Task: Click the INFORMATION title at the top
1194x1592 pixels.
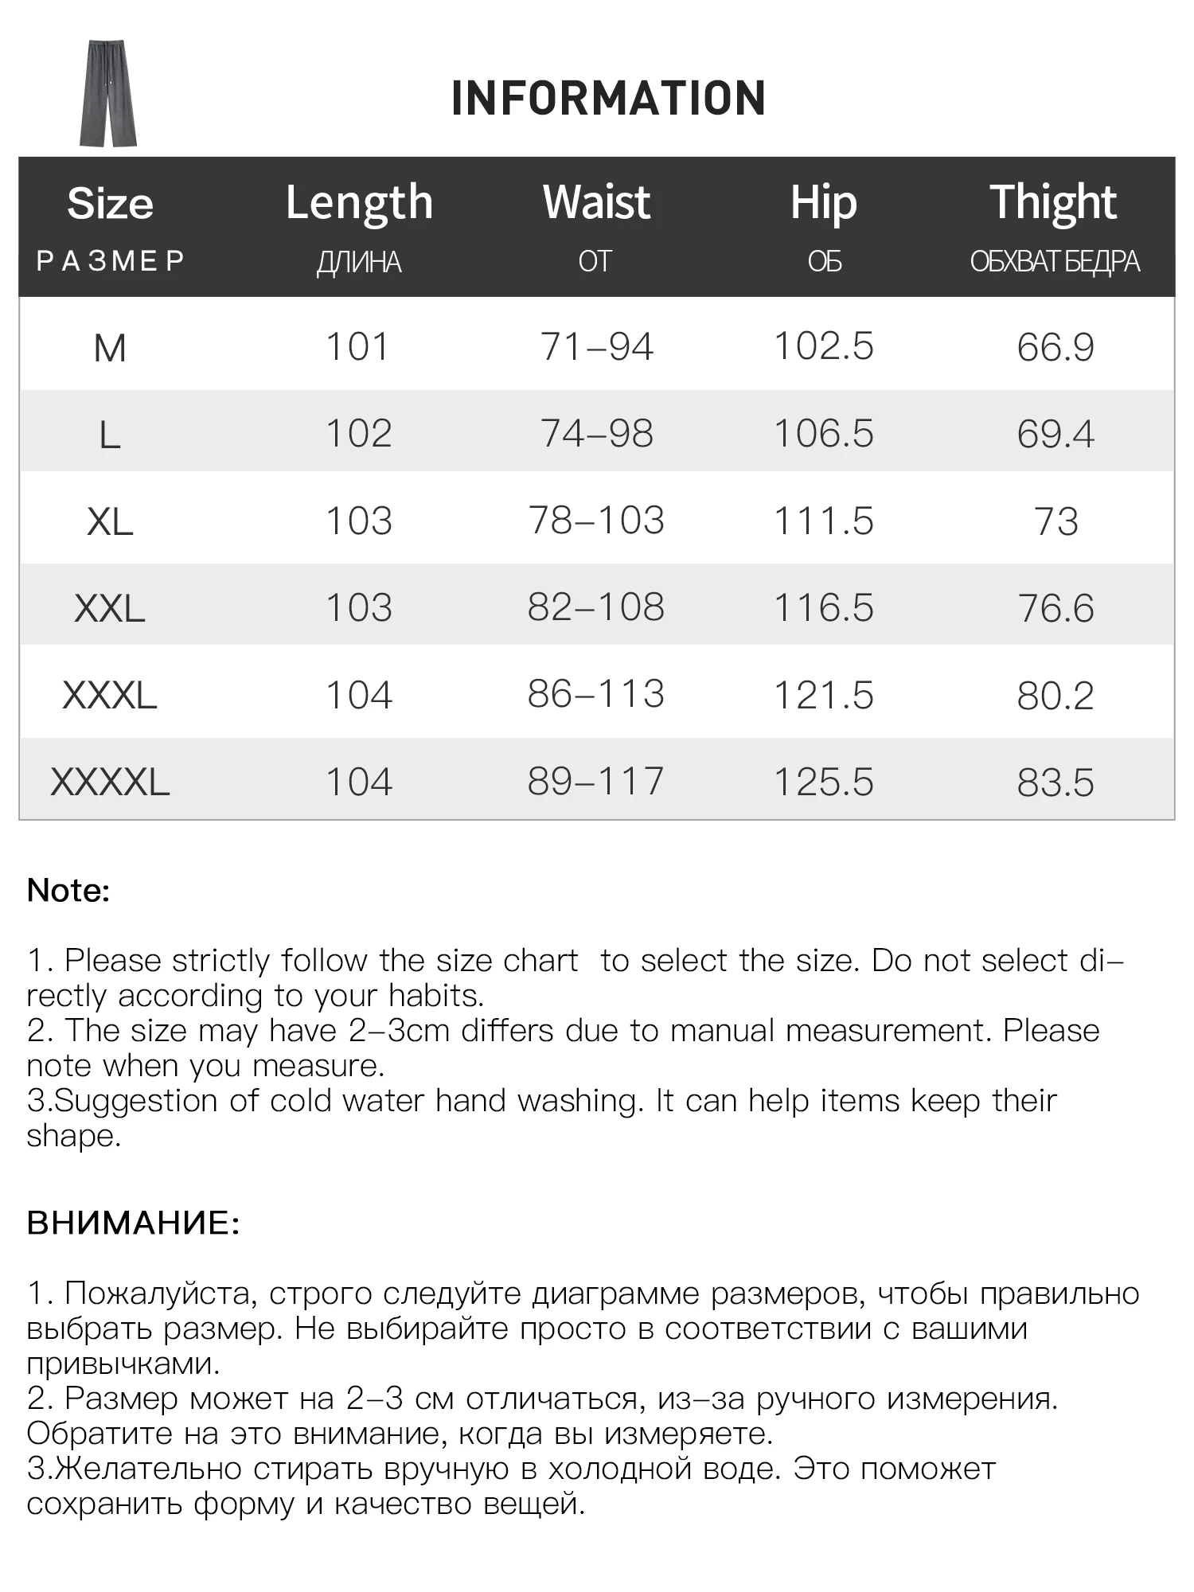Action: pos(608,98)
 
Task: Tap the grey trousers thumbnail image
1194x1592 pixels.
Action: pos(108,94)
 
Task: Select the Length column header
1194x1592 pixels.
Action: pos(359,203)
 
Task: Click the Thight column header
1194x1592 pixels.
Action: pos(1054,202)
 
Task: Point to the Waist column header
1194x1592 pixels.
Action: pos(596,202)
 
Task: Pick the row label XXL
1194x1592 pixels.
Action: pos(110,609)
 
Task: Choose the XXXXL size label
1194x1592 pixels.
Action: pos(110,782)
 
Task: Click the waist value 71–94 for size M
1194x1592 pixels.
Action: pos(596,347)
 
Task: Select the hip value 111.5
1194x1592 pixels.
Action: pos(824,521)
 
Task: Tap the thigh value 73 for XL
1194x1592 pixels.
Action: pos(1055,521)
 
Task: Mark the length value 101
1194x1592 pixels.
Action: pos(358,347)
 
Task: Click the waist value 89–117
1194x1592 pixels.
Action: pos(595,781)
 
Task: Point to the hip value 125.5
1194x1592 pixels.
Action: pos(824,782)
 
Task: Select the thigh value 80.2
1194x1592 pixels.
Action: pos(1055,695)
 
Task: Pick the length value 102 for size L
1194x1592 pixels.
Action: pos(359,434)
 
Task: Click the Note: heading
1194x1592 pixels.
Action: pos(68,891)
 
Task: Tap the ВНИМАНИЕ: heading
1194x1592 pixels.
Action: pos(133,1223)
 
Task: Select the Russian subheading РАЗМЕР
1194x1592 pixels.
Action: pos(110,261)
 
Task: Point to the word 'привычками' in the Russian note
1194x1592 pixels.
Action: pos(122,1364)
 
